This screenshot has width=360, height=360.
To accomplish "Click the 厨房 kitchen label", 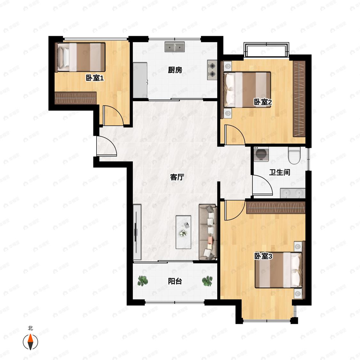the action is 175,70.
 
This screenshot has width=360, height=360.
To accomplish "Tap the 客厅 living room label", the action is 177,177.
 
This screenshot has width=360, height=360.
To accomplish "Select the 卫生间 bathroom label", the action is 280,172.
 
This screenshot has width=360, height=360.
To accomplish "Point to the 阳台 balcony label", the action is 175,281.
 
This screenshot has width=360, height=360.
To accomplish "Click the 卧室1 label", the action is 95,78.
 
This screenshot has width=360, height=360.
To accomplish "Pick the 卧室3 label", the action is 263,256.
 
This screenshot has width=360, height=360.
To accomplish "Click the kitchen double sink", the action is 175,47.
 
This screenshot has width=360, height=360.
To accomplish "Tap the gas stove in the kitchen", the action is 212,70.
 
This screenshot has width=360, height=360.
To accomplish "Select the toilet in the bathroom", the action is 294,156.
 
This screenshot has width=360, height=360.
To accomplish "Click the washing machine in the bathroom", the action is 261,154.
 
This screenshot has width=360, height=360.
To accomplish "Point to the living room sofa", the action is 208,232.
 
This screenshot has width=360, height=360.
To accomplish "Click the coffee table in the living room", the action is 183,232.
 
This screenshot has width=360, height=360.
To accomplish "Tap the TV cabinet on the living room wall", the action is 137,232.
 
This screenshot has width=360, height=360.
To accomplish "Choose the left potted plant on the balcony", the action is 143,281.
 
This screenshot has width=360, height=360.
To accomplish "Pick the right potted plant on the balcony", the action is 207,281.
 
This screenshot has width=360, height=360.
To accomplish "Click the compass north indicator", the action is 30,342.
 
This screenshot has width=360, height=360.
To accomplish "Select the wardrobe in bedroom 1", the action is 75,98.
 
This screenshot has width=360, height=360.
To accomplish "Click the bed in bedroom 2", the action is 247,90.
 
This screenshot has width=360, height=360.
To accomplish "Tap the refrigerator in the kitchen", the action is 140,80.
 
